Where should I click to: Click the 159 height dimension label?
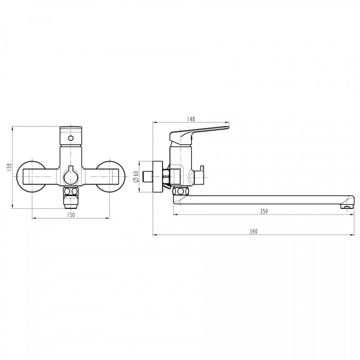coord(9,167)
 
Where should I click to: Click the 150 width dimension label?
coord(71,215)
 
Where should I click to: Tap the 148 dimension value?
coord(191,119)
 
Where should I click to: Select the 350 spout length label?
coord(264,211)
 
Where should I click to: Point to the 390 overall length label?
coord(254,231)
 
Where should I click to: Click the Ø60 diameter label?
coord(136,177)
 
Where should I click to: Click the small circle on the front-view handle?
coord(71,138)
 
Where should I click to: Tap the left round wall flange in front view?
coord(31,176)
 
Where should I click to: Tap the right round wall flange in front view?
coord(110,176)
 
